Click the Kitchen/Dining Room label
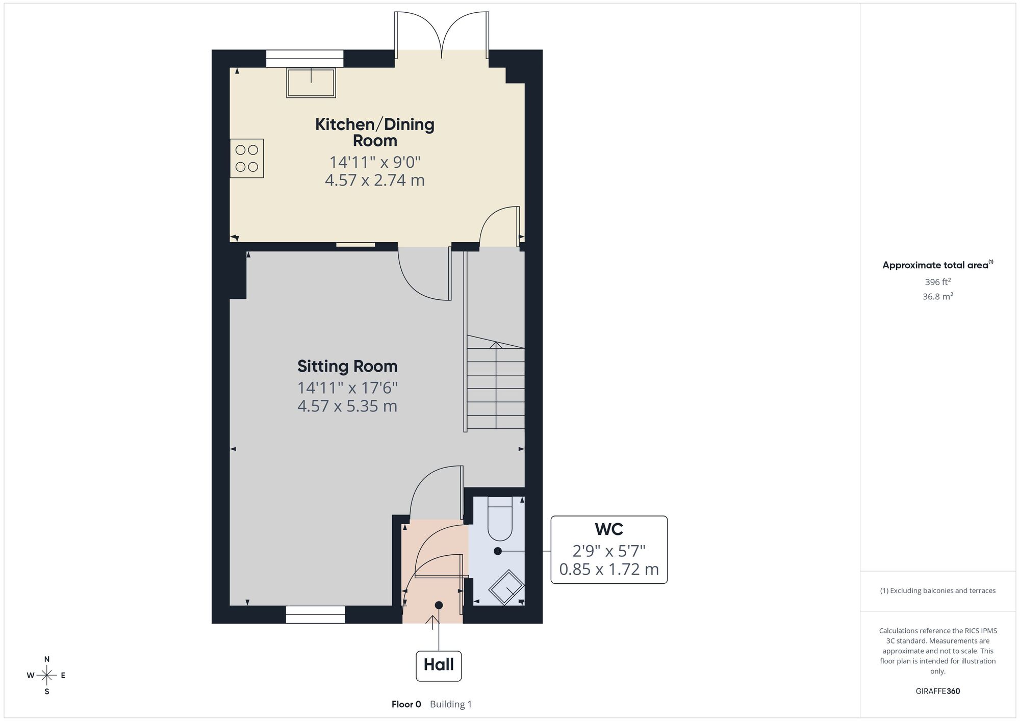coord(375,132)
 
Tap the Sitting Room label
coord(347,366)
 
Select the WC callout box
coord(609,550)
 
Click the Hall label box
coord(439,665)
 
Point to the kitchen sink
coord(311,83)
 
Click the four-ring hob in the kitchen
coord(247,158)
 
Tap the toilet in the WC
coord(500,518)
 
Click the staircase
coord(495,382)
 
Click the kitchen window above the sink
coord(304,59)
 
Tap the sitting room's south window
coord(315,614)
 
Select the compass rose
coord(47,676)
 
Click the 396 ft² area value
coord(938,281)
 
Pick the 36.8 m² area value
coord(938,296)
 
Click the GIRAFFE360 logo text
coord(938,691)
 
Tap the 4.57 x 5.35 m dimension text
coord(347,406)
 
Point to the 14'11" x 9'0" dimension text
coord(375,162)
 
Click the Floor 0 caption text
coord(406,704)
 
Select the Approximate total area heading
coord(938,265)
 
